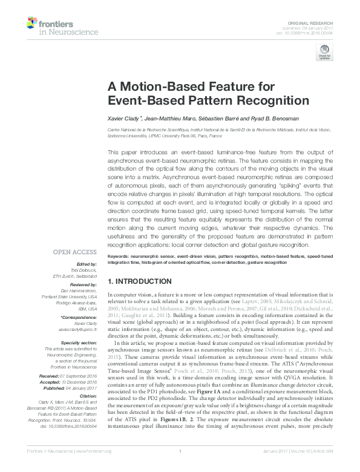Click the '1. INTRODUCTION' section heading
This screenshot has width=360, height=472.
coord(139,281)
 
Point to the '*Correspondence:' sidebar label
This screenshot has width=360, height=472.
coord(80,316)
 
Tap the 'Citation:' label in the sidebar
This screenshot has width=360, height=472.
coord(88,412)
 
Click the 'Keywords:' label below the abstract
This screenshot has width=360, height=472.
coord(120,257)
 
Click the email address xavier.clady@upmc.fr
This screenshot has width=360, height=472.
coord(79,329)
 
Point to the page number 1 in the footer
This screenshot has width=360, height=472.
coord(180,466)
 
